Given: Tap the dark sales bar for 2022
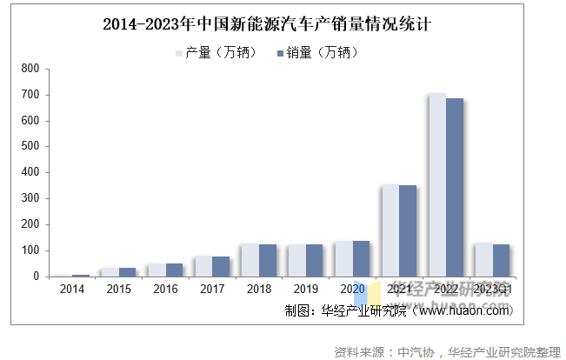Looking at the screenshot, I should coord(455,187).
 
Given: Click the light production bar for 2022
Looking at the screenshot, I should coord(436,184).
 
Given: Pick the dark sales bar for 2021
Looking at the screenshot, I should coord(407,230).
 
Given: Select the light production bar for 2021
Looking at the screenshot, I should coord(390,230).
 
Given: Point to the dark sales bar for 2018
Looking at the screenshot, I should coord(267,260).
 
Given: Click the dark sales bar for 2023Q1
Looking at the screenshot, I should coord(501,260).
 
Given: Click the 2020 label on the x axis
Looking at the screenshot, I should coord(351,289).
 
